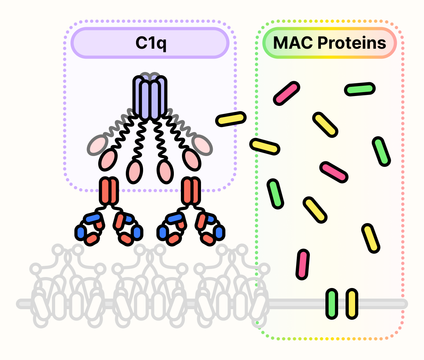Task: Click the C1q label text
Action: click(151, 43)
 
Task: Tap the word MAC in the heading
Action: click(293, 43)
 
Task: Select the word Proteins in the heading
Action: click(352, 43)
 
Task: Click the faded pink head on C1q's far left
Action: click(98, 145)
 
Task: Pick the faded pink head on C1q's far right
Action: click(202, 144)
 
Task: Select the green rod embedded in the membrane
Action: click(331, 304)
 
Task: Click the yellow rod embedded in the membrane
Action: click(352, 304)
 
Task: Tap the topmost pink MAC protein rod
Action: click(286, 93)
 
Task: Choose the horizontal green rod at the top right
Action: click(360, 89)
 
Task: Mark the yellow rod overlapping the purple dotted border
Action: click(231, 119)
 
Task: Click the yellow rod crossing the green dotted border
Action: click(265, 146)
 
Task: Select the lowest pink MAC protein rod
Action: click(302, 264)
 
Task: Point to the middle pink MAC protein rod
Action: click(334, 172)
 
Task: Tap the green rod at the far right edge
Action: click(381, 151)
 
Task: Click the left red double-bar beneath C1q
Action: click(109, 191)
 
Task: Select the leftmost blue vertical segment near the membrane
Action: click(81, 232)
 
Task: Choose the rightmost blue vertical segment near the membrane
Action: click(219, 232)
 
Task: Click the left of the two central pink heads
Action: click(134, 171)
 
